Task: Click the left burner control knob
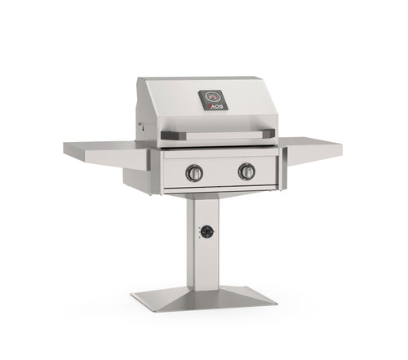click(194, 172)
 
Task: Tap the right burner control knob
click(246, 171)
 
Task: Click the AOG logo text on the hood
click(213, 106)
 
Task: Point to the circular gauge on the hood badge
click(213, 96)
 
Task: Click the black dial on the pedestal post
click(207, 232)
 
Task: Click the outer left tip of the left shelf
click(66, 146)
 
